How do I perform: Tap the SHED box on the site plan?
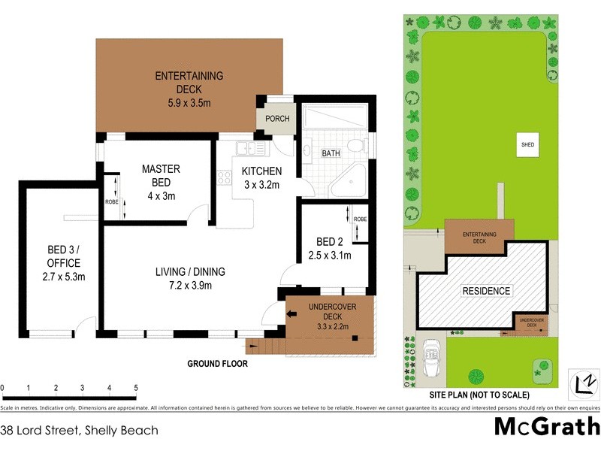click(528, 144)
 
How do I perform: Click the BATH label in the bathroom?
click(331, 153)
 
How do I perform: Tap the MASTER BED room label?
click(161, 176)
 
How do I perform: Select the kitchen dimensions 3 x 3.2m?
click(261, 184)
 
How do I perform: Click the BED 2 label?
click(330, 241)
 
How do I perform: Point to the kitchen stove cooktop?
click(224, 178)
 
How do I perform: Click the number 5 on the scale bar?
click(136, 388)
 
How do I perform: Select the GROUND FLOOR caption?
click(217, 364)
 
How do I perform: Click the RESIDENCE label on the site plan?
click(485, 291)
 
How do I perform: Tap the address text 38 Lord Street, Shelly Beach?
click(79, 431)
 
